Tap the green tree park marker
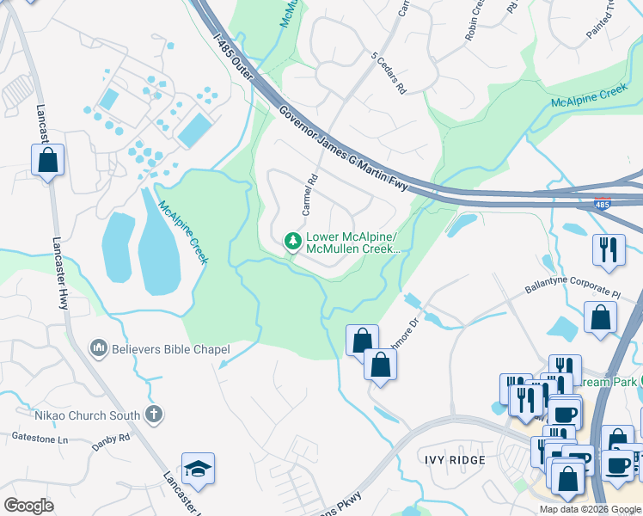tap(292, 240)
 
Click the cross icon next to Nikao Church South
tap(154, 415)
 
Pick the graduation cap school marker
tap(198, 470)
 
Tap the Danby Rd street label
tap(112, 437)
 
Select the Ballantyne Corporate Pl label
tap(573, 287)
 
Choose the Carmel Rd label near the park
tap(309, 194)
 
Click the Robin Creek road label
tap(475, 22)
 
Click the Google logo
tap(28, 506)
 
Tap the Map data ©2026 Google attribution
tap(590, 509)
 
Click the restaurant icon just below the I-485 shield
tap(609, 249)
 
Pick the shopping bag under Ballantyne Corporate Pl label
tap(600, 316)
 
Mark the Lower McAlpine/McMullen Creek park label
tap(352, 243)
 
